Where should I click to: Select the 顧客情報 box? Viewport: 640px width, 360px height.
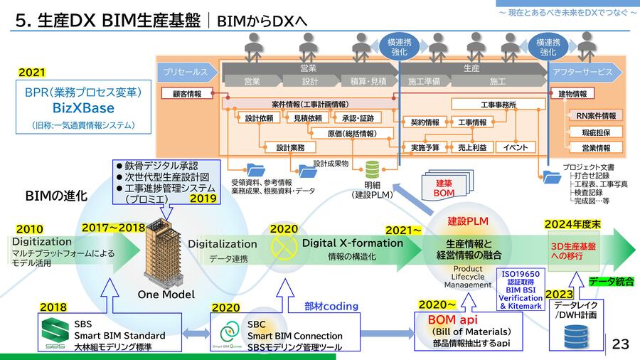(187, 94)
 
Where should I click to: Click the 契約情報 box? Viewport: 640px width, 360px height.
(425, 122)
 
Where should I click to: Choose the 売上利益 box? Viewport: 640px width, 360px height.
(471, 147)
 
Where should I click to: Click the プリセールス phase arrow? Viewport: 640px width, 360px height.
(186, 72)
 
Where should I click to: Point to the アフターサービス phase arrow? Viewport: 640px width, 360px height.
(585, 72)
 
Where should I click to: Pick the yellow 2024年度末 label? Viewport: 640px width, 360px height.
(573, 224)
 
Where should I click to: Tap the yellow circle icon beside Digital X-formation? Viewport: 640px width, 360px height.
(284, 250)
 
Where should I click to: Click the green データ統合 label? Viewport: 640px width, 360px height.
(612, 281)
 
